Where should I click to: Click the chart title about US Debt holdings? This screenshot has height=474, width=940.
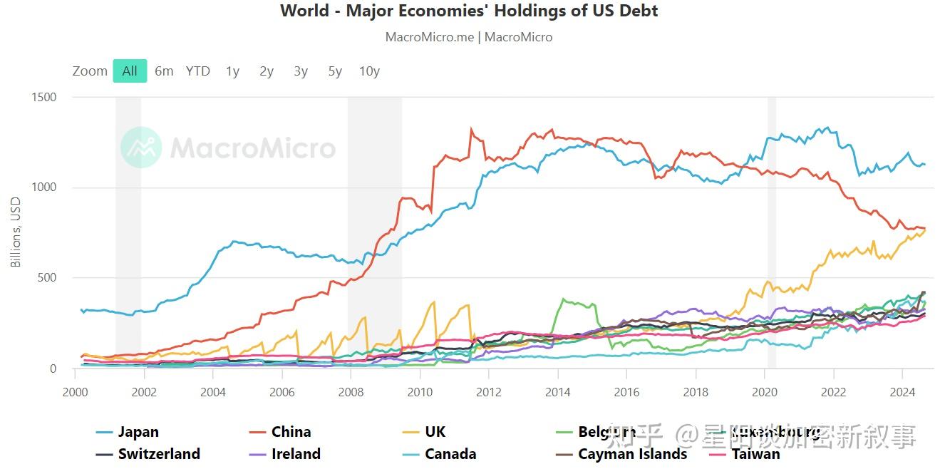(x=469, y=11)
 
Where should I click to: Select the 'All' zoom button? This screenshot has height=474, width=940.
(x=130, y=71)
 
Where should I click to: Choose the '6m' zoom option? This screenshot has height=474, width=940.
(x=164, y=71)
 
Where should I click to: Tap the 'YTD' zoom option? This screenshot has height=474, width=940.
(x=198, y=71)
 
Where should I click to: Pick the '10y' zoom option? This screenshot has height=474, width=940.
(x=369, y=71)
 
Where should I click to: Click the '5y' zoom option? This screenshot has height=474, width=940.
(x=335, y=71)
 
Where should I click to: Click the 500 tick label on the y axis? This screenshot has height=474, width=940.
(x=47, y=278)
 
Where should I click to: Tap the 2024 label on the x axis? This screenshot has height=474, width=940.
(x=902, y=392)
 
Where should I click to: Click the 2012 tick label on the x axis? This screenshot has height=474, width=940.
(x=488, y=392)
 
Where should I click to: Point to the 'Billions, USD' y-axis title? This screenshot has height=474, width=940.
(x=16, y=233)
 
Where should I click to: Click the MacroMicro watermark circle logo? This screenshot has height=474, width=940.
(x=141, y=148)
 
